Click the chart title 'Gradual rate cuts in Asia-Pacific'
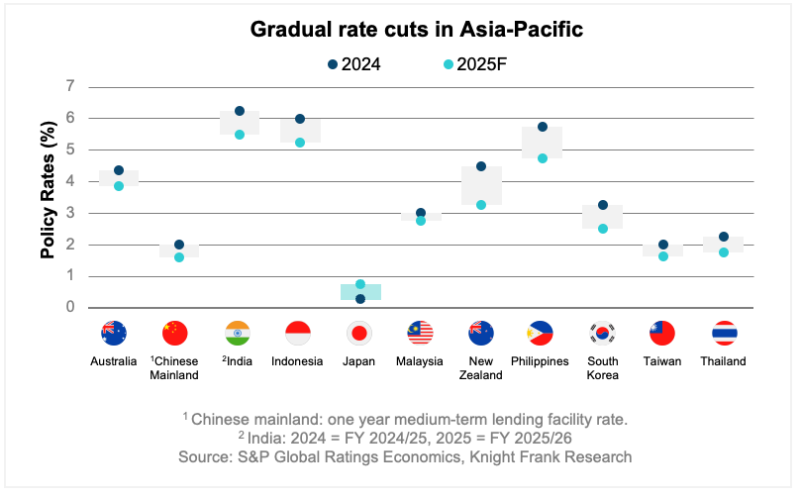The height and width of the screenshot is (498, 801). point(416,30)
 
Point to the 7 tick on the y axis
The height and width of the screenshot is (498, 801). point(70,86)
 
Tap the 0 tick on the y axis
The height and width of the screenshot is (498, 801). point(70,308)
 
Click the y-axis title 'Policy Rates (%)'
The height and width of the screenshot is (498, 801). point(48,197)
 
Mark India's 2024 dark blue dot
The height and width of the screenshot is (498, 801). point(240,111)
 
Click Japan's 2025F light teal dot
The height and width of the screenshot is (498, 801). point(360,284)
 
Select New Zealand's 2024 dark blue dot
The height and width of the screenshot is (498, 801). point(481,166)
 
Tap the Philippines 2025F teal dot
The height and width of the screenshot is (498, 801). point(542,158)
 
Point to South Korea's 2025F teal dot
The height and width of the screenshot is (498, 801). point(603,229)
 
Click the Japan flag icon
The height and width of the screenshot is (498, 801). point(360,333)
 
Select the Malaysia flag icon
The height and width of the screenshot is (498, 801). point(421,333)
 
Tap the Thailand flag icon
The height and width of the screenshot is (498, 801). point(724,333)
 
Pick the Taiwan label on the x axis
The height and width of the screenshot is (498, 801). point(662,361)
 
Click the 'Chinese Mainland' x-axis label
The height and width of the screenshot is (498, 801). point(174,368)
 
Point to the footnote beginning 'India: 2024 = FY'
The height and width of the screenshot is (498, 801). point(407,438)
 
